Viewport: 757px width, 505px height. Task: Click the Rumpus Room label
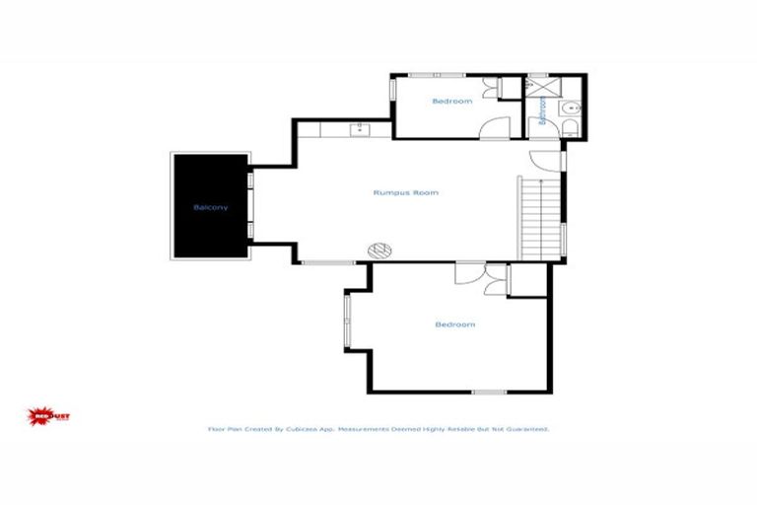(x=405, y=192)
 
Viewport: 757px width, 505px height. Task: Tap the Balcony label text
(x=211, y=207)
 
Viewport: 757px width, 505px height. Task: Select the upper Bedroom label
(x=452, y=102)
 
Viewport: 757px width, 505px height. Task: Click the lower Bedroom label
(x=455, y=325)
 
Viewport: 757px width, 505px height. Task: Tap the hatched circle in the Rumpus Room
(x=379, y=251)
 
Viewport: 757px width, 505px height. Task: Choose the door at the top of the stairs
(x=547, y=160)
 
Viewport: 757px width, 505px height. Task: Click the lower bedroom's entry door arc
(x=467, y=274)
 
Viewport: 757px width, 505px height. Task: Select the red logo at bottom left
(x=47, y=416)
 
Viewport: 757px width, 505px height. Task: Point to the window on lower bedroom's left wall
(x=346, y=323)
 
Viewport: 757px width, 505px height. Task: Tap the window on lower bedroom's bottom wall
(x=489, y=393)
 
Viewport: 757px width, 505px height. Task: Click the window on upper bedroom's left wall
(x=393, y=89)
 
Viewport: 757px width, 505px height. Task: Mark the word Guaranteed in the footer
(x=525, y=430)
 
